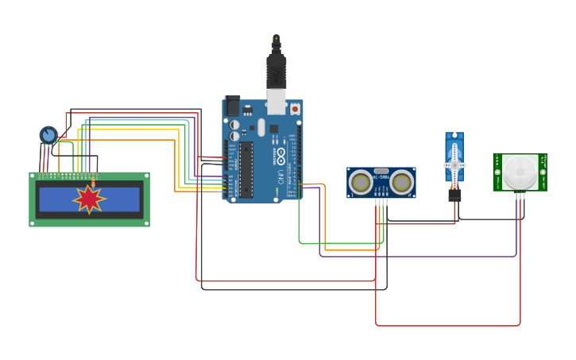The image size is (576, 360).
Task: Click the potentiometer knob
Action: [48, 135]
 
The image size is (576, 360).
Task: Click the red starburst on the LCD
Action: [89, 199]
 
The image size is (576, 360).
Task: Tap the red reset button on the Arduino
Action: [295, 108]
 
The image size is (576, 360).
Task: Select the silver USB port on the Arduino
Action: [276, 101]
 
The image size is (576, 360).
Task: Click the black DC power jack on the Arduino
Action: [232, 105]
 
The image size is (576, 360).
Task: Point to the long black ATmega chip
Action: [246, 168]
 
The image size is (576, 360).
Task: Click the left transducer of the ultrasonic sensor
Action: [361, 183]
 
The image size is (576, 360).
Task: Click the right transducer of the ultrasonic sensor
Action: [401, 183]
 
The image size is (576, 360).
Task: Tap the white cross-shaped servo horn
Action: [454, 165]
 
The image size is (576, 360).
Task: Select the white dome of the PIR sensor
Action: [520, 172]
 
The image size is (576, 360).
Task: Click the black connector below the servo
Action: [454, 194]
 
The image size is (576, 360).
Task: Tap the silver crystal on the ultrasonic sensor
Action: [381, 171]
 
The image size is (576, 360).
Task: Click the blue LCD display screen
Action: [89, 199]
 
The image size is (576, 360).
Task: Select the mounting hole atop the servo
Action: [454, 137]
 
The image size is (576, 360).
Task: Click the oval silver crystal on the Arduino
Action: [261, 127]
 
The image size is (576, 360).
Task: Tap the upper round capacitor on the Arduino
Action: [234, 125]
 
